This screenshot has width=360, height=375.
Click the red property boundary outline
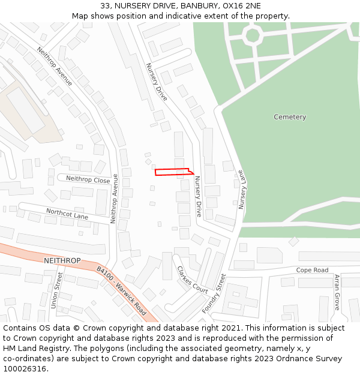point(174,172)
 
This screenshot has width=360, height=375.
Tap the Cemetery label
point(290,117)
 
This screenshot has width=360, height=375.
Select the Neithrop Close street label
point(88,179)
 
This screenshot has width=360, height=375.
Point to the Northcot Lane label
point(67,214)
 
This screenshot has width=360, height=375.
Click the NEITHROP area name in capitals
point(62,261)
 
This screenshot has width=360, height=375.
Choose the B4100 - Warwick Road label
point(122,292)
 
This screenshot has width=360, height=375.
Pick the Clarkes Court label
point(192,280)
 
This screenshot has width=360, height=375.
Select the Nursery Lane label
point(242,189)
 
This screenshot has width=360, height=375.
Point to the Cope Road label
point(312,271)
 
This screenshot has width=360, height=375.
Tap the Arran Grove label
point(337,293)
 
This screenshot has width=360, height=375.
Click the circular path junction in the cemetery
point(253,35)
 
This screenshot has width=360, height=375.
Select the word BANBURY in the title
point(194,6)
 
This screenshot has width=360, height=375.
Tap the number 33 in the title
point(106,6)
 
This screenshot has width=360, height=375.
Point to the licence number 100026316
point(25,369)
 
